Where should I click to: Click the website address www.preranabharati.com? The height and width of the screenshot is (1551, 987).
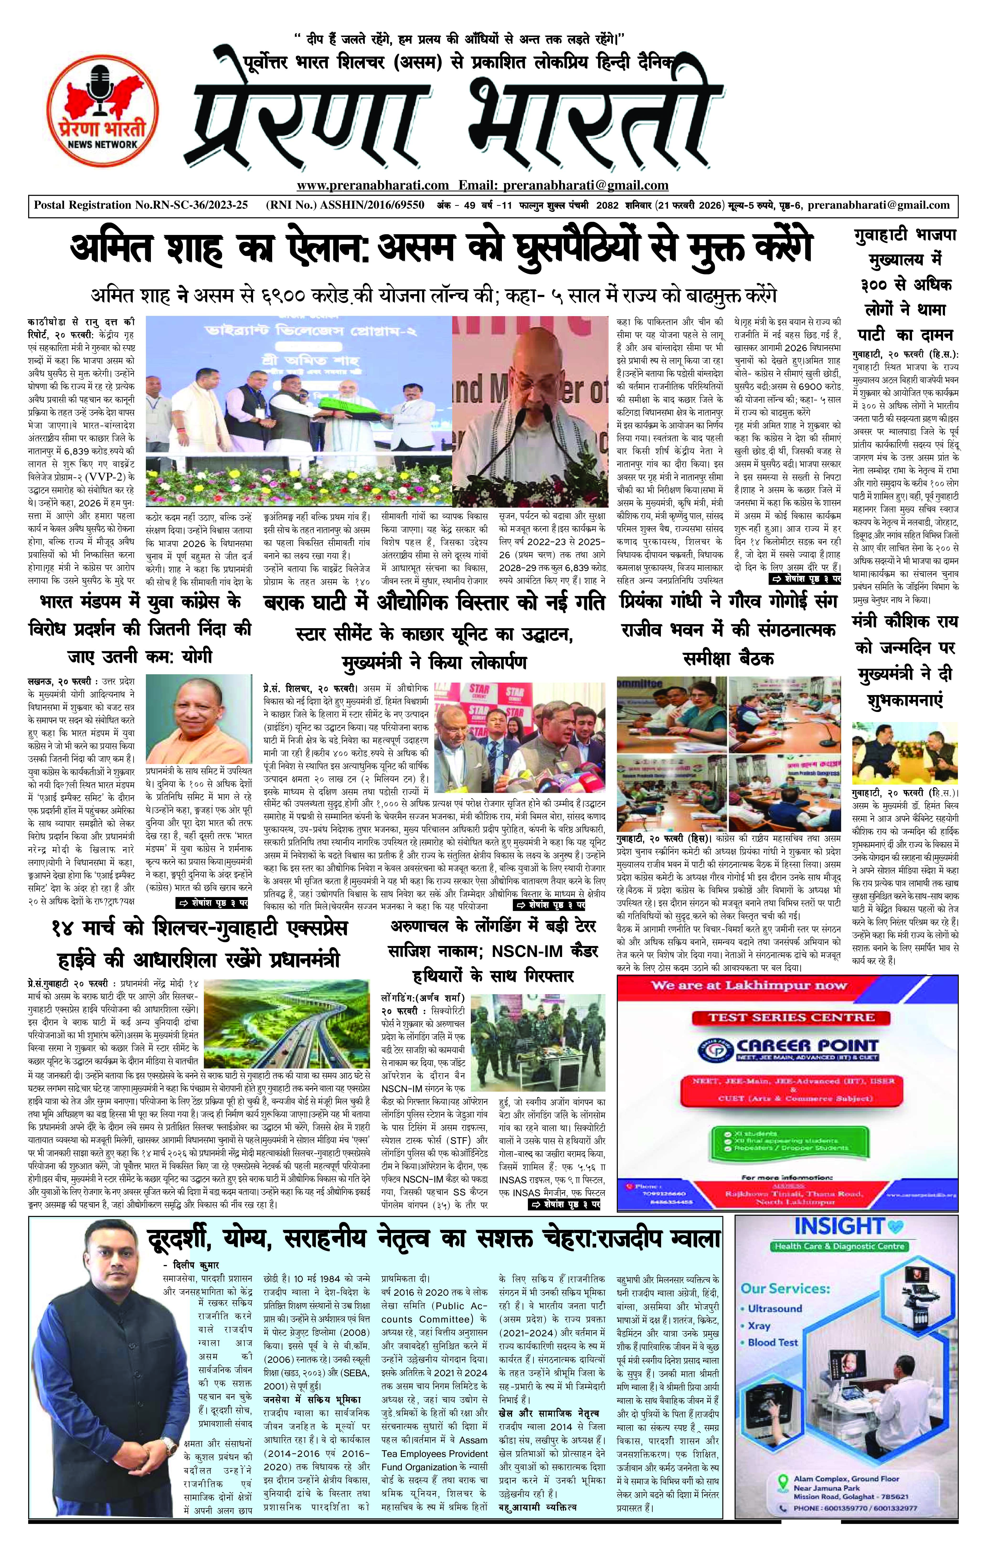372,186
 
